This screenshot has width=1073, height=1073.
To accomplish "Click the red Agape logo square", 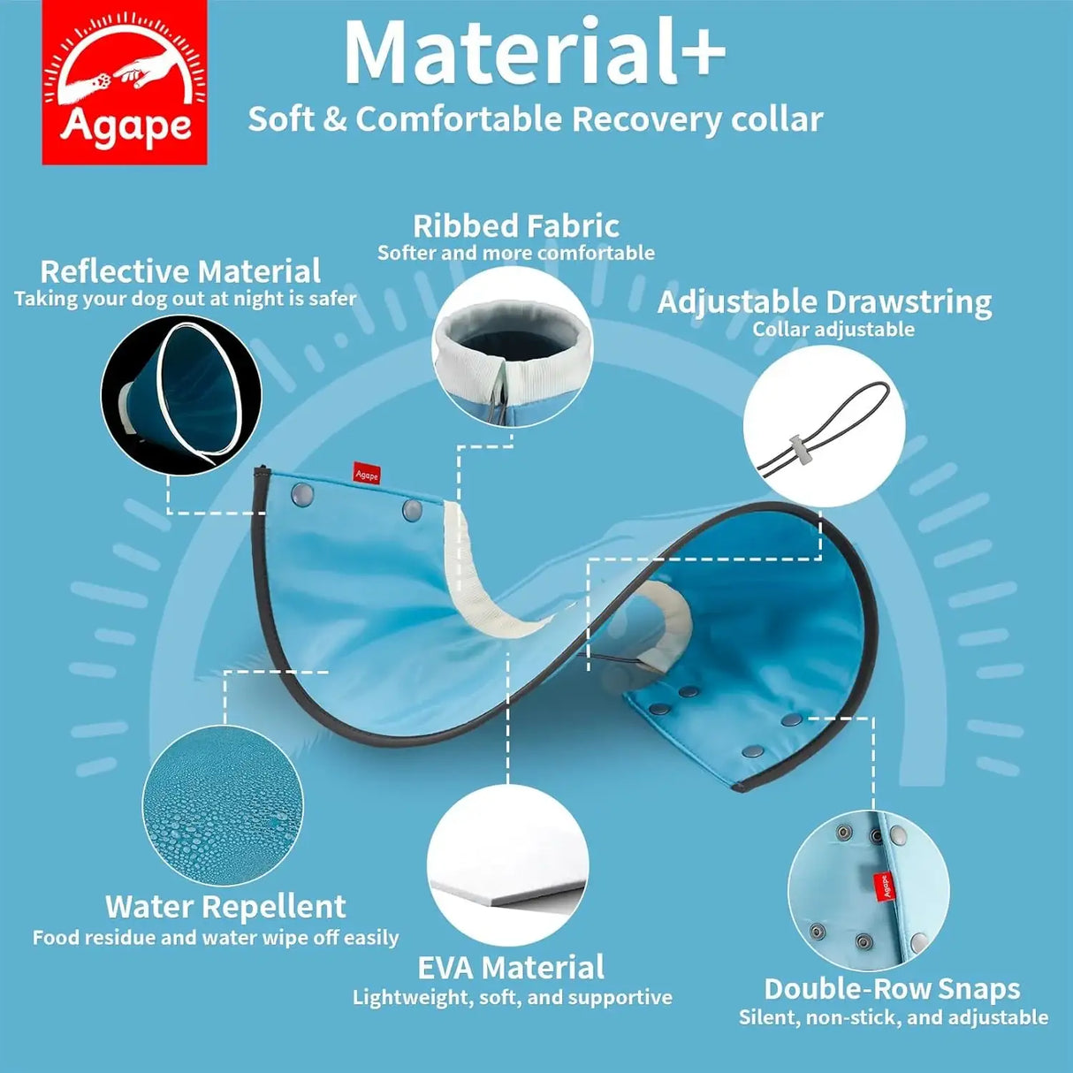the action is pyautogui.click(x=124, y=82).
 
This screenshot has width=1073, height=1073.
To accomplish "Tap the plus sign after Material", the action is pyautogui.click(x=701, y=54).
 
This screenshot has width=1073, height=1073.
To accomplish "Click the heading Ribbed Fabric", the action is pyautogui.click(x=516, y=226).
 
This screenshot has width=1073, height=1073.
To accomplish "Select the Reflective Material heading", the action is pyautogui.click(x=180, y=271).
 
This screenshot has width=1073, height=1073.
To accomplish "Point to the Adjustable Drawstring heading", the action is pyautogui.click(x=825, y=303).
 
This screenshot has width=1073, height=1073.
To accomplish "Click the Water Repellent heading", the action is pyautogui.click(x=225, y=907).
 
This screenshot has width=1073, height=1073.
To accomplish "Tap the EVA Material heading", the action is pyautogui.click(x=511, y=968).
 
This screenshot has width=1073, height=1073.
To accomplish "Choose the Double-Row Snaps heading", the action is pyautogui.click(x=892, y=990).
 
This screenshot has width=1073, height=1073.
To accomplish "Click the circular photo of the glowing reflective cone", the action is pyautogui.click(x=181, y=396).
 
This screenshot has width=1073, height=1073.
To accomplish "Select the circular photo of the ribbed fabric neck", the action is pyautogui.click(x=513, y=346).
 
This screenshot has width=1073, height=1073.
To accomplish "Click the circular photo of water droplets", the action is pyautogui.click(x=223, y=806).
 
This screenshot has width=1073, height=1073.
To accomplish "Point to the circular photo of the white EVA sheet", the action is pyautogui.click(x=508, y=866).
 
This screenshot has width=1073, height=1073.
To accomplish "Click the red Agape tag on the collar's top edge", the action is pyautogui.click(x=367, y=475).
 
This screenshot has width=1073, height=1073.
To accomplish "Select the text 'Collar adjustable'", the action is pyautogui.click(x=833, y=330).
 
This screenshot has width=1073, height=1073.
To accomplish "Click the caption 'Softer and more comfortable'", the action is pyautogui.click(x=516, y=254).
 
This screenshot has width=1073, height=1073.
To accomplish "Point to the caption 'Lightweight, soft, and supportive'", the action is pyautogui.click(x=513, y=998).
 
